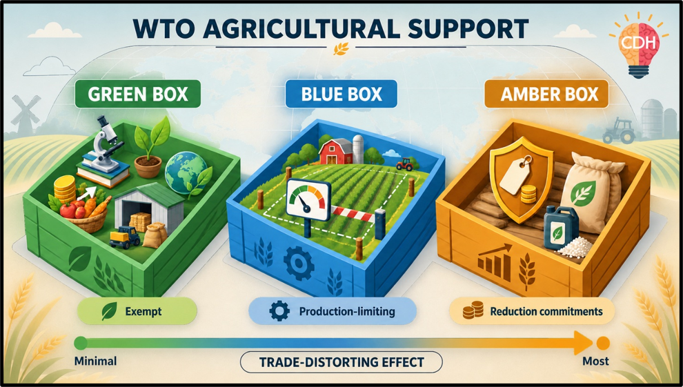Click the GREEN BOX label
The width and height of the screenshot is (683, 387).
click(x=138, y=94)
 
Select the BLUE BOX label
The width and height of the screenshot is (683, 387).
click(x=341, y=94)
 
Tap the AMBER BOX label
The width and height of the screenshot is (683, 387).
click(x=546, y=94)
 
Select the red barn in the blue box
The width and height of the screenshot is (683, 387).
click(x=336, y=151)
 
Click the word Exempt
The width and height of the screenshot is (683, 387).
click(x=143, y=311)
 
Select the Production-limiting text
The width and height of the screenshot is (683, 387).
click(x=347, y=311)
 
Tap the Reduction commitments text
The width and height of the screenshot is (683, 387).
click(x=546, y=311)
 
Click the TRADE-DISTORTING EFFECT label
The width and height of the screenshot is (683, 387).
click(x=341, y=362)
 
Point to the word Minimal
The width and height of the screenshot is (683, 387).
click(x=95, y=361)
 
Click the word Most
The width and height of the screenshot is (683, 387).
click(x=595, y=361)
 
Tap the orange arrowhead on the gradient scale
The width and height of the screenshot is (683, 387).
click(x=583, y=343)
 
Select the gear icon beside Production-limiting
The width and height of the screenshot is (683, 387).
click(x=279, y=311)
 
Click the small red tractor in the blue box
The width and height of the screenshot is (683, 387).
click(x=405, y=163)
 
